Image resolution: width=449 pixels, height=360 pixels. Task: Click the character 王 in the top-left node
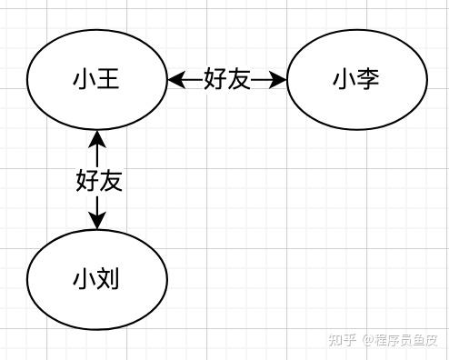click(108, 79)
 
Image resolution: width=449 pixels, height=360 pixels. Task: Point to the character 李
click(368, 79)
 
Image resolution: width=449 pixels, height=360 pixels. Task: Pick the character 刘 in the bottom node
click(108, 279)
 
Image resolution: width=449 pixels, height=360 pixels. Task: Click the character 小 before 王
click(85, 79)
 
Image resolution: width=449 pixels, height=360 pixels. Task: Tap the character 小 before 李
click(344, 79)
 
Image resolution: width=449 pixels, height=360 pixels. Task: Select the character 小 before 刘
click(85, 279)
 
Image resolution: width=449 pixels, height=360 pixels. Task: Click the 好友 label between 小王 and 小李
click(227, 79)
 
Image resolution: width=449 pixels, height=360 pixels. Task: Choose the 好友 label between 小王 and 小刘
click(99, 181)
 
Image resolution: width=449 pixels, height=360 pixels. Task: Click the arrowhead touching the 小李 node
click(277, 80)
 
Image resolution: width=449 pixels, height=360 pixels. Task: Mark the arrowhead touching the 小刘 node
click(97, 220)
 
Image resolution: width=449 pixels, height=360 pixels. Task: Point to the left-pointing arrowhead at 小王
click(176, 80)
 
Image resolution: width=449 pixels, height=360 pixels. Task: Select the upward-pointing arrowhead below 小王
click(97, 139)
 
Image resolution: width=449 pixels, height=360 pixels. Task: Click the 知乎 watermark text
click(343, 340)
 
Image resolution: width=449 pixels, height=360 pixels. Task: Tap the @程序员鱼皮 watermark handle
click(401, 340)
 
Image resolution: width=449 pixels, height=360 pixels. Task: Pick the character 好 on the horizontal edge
click(215, 79)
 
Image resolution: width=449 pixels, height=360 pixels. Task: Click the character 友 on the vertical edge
click(111, 181)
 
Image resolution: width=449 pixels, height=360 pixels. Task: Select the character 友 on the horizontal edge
click(239, 79)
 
